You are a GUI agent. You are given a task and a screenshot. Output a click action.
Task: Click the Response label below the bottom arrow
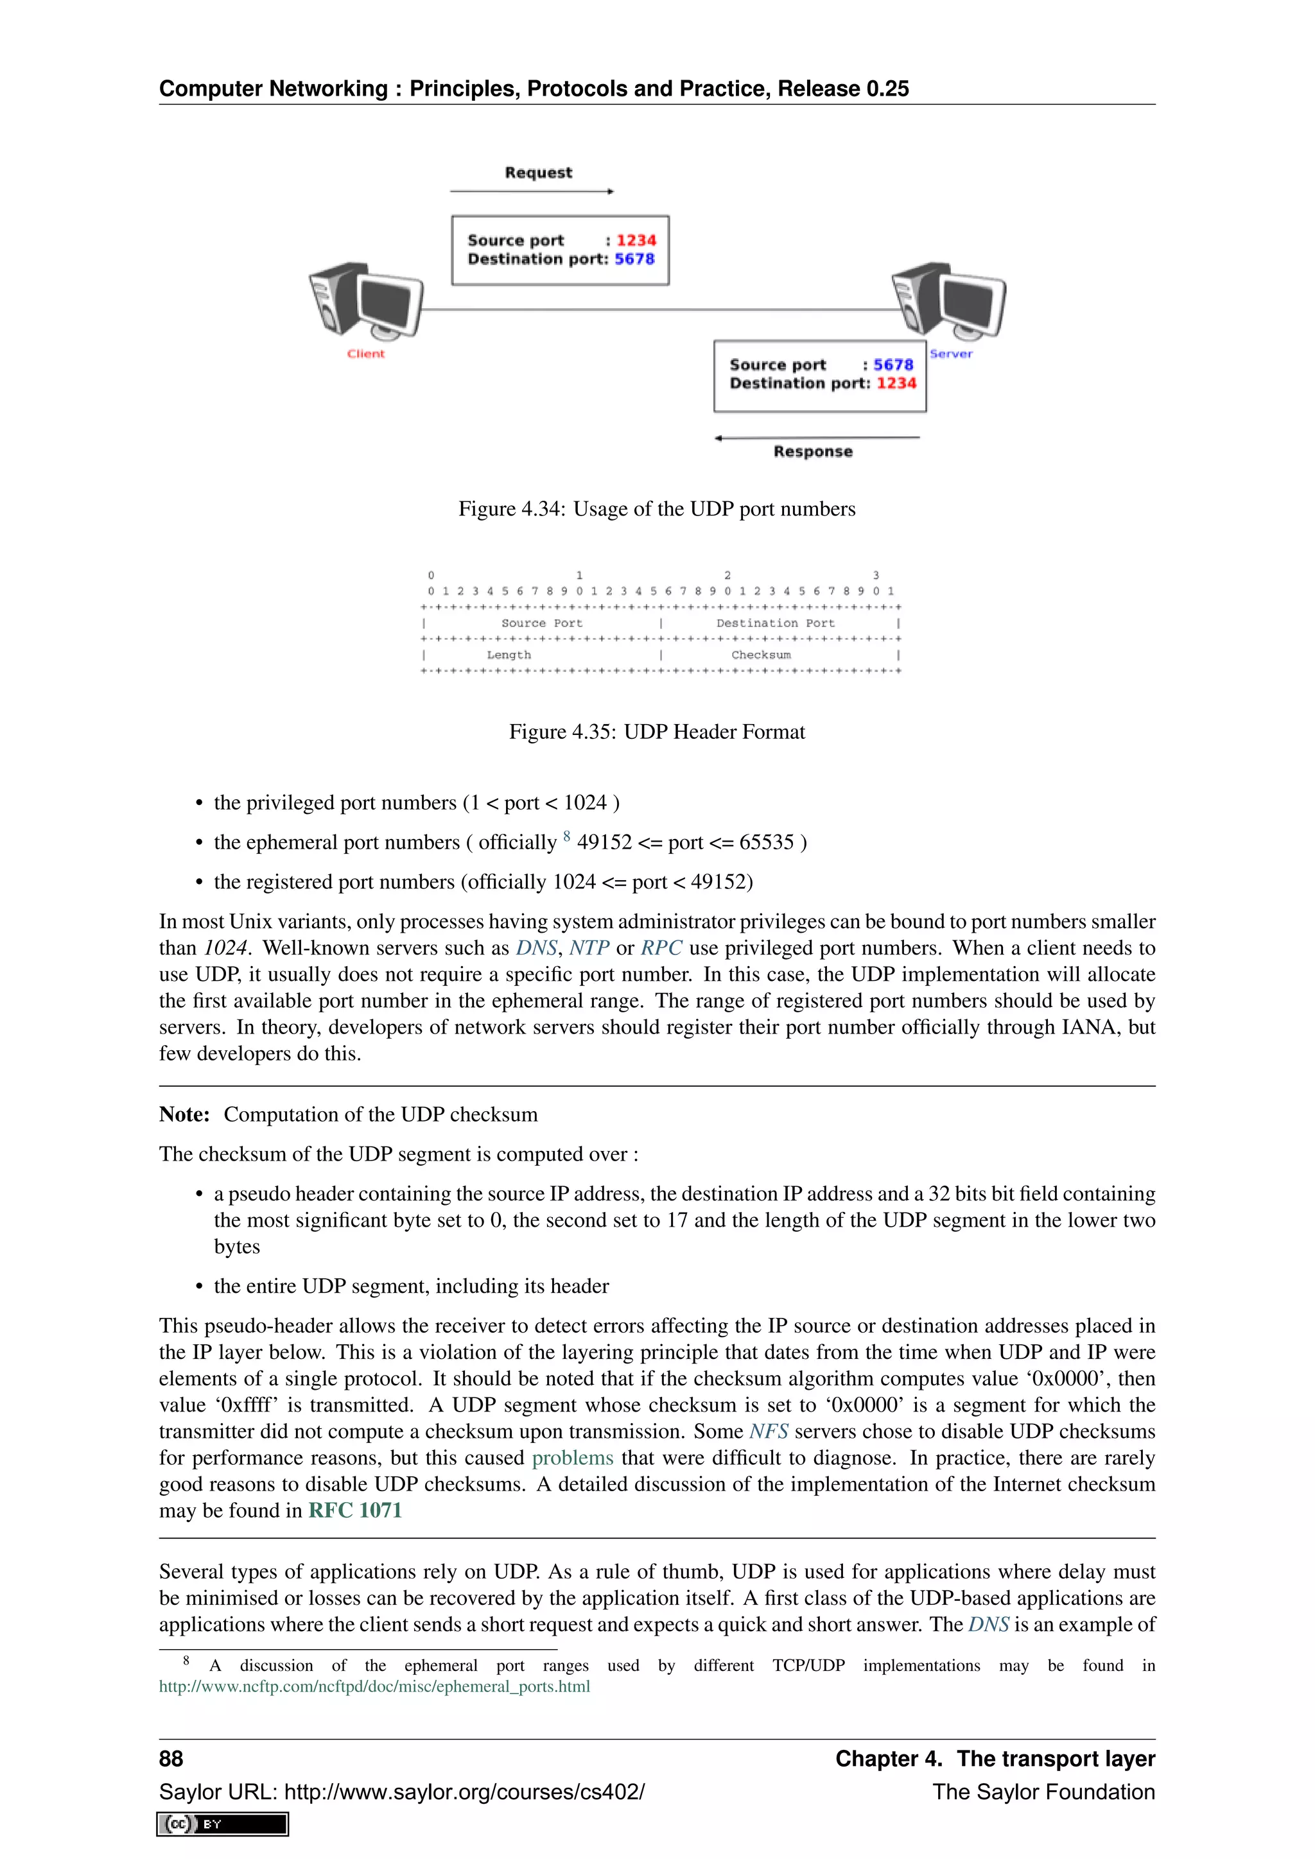point(812,452)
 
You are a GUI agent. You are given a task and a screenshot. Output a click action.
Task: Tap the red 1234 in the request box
point(636,241)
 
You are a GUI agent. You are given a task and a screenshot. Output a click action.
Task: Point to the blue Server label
point(951,354)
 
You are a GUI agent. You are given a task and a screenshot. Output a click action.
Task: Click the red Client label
point(366,354)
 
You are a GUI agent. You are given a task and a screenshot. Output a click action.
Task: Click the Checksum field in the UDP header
point(760,655)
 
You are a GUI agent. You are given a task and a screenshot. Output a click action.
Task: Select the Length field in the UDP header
point(509,655)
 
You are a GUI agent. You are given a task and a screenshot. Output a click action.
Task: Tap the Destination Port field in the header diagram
point(775,623)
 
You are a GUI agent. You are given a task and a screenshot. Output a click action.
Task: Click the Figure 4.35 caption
point(657,732)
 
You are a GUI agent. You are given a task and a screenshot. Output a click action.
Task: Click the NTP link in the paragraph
point(589,948)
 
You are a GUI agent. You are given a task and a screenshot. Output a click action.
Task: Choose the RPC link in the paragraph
point(661,948)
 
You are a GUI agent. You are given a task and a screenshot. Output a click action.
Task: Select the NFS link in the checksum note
point(768,1431)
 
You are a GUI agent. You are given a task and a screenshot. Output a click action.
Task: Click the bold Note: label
point(184,1115)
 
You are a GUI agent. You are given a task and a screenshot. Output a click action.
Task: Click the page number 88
point(171,1760)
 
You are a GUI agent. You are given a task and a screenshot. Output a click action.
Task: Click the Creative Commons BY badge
point(223,1824)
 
